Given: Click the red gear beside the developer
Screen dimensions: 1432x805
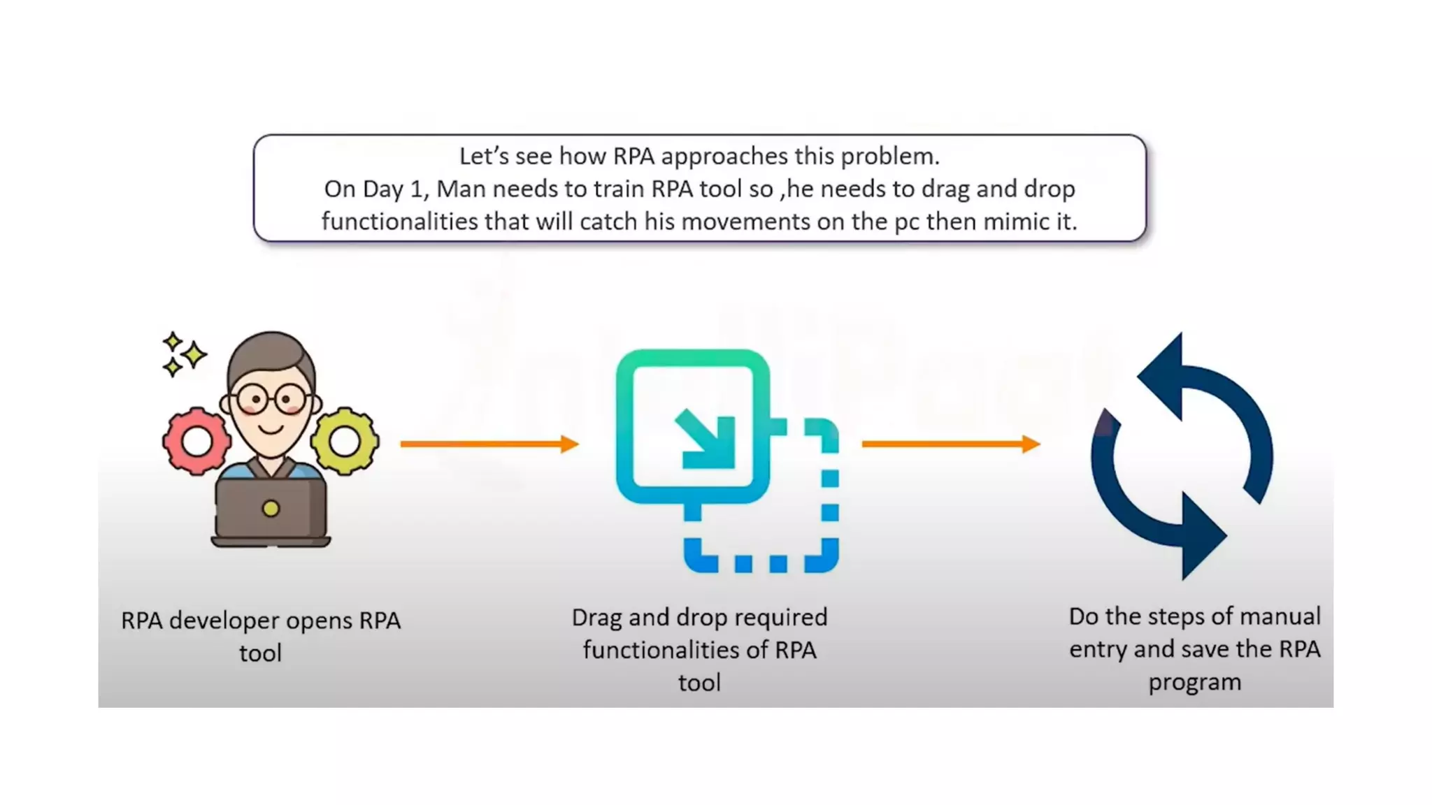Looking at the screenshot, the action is pyautogui.click(x=196, y=441).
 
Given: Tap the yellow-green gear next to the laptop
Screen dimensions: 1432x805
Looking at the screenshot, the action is pyautogui.click(x=345, y=441).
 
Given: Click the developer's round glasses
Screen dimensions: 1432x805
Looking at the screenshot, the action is pyautogui.click(x=271, y=400).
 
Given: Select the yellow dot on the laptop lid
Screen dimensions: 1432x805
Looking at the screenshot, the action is pyautogui.click(x=271, y=509).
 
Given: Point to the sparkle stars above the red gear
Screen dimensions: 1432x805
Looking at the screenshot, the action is pyautogui.click(x=183, y=354).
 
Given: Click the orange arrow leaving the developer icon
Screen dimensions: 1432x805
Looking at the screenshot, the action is pyautogui.click(x=489, y=444).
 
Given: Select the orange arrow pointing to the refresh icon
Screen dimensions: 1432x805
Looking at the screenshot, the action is pyautogui.click(x=950, y=444).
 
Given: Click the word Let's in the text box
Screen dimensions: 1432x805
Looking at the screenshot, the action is pyautogui.click(x=484, y=157).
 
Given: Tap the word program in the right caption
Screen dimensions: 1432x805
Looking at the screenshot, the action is pyautogui.click(x=1194, y=682).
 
